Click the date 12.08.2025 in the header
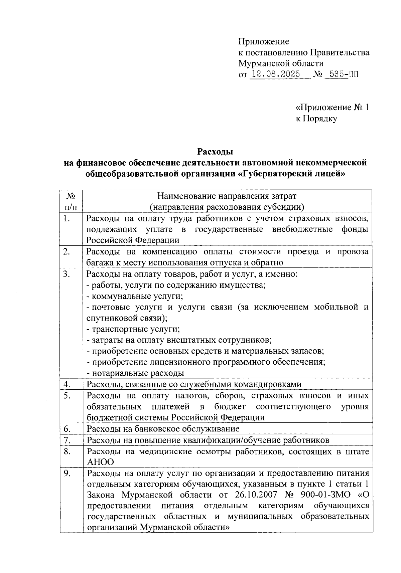[276, 74]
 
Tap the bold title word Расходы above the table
[215, 152]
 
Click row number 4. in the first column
[66, 384]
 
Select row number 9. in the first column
[66, 473]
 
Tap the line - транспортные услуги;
[133, 329]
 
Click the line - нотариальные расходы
[135, 373]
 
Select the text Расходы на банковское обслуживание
[163, 428]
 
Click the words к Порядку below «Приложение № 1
[316, 119]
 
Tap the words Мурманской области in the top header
[281, 63]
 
